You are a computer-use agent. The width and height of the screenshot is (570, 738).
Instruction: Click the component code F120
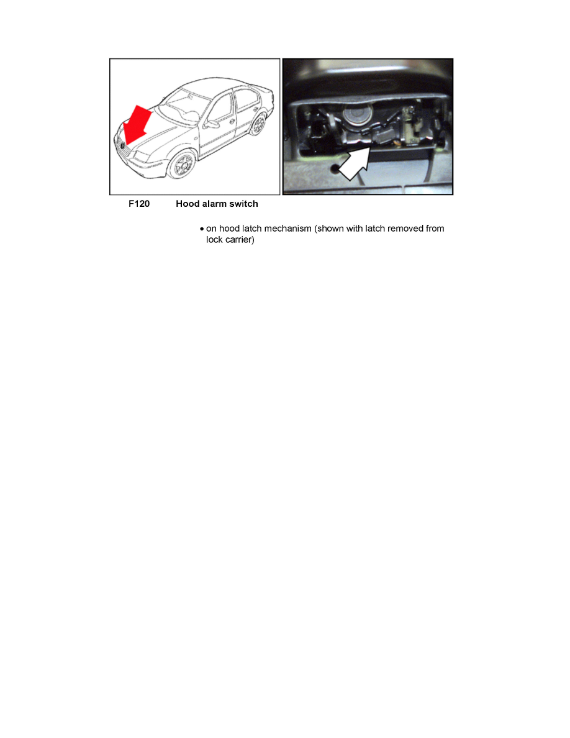point(138,204)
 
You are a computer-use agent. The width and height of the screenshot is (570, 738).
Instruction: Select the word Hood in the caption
point(188,204)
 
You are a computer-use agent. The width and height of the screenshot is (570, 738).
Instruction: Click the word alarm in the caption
point(216,204)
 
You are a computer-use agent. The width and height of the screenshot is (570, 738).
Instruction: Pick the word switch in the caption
point(245,204)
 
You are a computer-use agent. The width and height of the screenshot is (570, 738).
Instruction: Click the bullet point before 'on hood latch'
point(202,229)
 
